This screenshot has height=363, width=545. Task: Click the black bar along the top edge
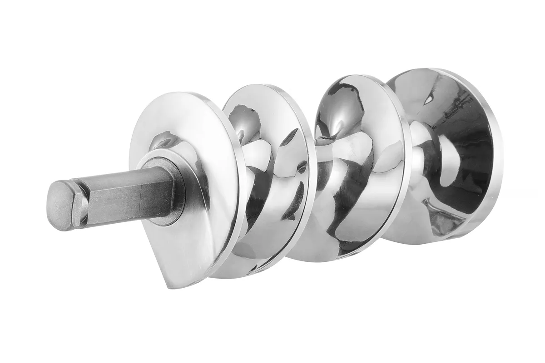pyautogui.click(x=272, y=10)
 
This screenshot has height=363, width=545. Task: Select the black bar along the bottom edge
pyautogui.click(x=272, y=352)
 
